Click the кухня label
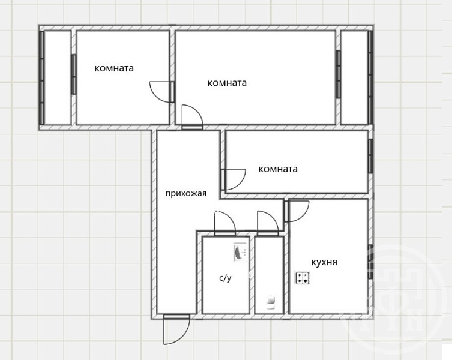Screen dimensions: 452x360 (324, 262)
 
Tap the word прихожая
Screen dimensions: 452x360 (186, 193)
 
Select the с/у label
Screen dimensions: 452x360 (225, 278)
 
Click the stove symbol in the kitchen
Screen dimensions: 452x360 (302, 278)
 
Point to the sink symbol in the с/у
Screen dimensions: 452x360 (241, 253)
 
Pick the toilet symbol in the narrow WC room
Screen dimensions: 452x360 (270, 301)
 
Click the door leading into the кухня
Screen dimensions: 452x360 (297, 211)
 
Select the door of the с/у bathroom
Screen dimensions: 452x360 (225, 223)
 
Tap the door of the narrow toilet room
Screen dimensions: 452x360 (268, 223)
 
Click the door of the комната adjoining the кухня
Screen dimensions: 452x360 (233, 179)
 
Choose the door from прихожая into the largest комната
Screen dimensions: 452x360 (193, 118)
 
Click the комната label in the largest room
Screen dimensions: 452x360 (227, 83)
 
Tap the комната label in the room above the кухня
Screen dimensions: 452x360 (278, 169)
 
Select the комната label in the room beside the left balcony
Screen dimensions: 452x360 (114, 68)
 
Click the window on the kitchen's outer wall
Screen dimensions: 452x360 (370, 262)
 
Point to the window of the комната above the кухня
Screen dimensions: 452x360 (370, 156)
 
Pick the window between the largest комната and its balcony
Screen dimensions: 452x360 (338, 74)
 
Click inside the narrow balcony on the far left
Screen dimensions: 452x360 (58, 78)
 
